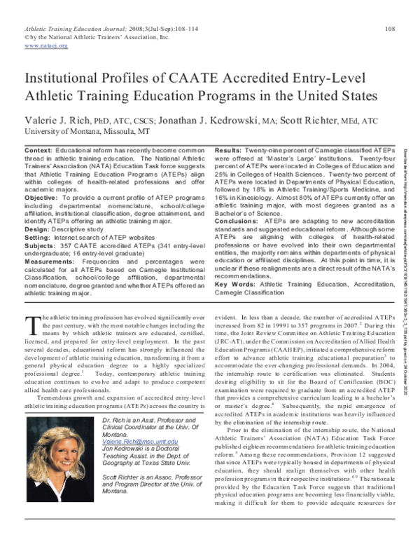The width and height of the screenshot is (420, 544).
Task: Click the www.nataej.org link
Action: point(46,46)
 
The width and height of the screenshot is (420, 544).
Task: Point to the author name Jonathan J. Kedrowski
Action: point(198,119)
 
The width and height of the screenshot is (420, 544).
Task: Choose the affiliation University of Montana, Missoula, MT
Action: point(77,131)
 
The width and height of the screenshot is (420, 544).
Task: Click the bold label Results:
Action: point(229,151)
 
